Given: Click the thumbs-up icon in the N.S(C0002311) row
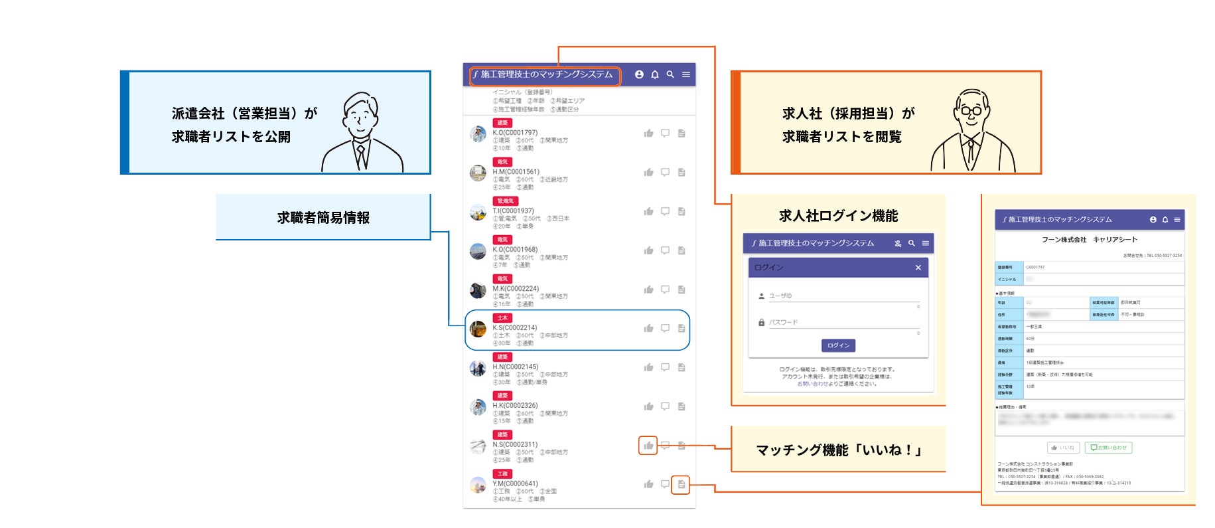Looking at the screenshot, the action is click(x=648, y=445).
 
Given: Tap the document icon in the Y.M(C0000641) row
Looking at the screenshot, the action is click(x=681, y=484).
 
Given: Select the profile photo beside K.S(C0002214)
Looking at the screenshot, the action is click(x=478, y=328).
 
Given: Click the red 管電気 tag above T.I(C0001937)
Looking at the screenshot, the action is click(x=505, y=201).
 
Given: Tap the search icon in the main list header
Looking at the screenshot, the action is click(x=670, y=74).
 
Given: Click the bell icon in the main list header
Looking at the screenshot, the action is click(x=654, y=74).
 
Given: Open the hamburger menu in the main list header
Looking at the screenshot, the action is click(x=686, y=74).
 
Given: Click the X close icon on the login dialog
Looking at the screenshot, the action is click(x=918, y=268).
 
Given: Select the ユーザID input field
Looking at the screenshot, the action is click(x=843, y=296).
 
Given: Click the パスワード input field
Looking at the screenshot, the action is click(x=843, y=323).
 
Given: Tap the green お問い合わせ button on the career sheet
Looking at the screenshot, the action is click(x=1108, y=448).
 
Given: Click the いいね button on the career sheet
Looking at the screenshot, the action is click(x=1063, y=448).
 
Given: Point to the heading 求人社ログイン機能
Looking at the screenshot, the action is click(x=838, y=216).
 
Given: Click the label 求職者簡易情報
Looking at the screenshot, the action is click(x=323, y=218).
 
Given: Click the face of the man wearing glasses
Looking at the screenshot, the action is click(x=971, y=110).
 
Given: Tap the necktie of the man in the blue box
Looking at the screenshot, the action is click(x=361, y=157).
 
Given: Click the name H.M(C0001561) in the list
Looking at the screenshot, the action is click(x=516, y=171).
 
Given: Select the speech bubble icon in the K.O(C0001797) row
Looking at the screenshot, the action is click(x=665, y=133).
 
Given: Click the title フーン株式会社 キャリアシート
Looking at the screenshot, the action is click(x=1089, y=240).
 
